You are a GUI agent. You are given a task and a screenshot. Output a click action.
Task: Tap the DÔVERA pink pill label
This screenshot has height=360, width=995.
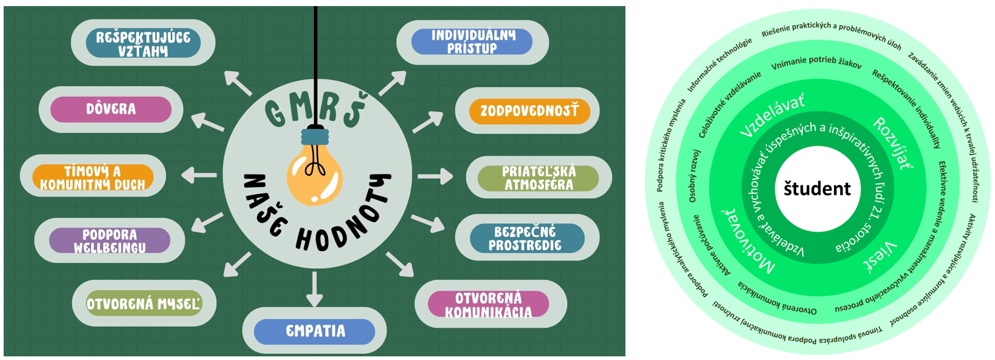(x=111, y=109)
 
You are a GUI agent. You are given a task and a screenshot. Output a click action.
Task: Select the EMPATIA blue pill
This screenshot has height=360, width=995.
(x=315, y=331)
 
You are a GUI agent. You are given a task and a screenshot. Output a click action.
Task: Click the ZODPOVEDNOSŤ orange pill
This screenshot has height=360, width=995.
(x=529, y=111)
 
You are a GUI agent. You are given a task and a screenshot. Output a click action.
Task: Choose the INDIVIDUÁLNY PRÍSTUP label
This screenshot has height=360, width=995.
(x=472, y=42)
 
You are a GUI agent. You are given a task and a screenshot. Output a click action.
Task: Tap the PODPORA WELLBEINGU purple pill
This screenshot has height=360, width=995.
(x=110, y=241)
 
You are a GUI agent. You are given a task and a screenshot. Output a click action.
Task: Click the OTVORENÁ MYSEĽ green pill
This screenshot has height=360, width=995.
(x=143, y=303)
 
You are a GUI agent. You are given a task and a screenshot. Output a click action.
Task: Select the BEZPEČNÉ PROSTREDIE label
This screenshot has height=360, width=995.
(x=526, y=238)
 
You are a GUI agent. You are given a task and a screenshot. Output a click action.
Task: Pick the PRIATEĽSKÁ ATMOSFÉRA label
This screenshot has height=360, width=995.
(x=539, y=178)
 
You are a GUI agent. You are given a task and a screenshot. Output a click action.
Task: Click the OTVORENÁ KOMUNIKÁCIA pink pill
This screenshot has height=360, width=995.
(x=489, y=305)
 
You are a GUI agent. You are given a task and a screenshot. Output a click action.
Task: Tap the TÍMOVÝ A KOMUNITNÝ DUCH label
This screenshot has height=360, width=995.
(x=92, y=178)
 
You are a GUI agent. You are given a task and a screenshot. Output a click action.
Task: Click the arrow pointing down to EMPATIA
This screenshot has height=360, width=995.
(x=314, y=289)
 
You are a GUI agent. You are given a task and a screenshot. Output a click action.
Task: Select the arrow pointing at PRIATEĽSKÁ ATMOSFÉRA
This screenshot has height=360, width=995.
(x=435, y=177)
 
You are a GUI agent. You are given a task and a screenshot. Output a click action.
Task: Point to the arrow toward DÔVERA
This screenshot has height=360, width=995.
(x=208, y=122)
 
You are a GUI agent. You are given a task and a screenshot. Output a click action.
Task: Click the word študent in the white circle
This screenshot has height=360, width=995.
(x=817, y=189)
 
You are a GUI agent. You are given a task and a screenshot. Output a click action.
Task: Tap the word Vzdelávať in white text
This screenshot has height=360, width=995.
(x=772, y=115)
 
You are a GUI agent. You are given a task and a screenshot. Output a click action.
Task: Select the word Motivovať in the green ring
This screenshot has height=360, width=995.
(x=747, y=241)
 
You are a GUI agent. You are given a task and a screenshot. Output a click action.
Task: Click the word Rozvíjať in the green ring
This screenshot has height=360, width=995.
(x=893, y=144)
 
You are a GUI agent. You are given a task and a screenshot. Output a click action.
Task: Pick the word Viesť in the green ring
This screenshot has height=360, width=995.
(x=880, y=255)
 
